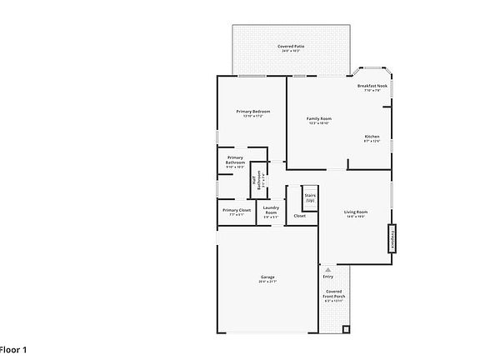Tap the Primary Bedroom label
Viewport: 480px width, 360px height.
[x=253, y=111]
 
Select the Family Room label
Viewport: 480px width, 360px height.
[x=319, y=119]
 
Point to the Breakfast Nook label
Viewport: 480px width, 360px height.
[x=372, y=86]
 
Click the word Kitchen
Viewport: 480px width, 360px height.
[x=372, y=136]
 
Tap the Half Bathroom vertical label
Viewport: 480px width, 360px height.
[x=259, y=179]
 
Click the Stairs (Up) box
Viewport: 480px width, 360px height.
[x=310, y=197]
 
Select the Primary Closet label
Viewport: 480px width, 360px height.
[x=236, y=210]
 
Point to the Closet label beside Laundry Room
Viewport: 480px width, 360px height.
[x=299, y=216]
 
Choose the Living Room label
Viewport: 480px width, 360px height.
[x=356, y=212]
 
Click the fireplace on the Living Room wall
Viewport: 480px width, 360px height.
[x=389, y=238]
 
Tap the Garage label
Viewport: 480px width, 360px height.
[x=267, y=277]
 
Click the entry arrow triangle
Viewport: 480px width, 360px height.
[x=327, y=270]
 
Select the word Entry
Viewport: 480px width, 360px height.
[x=327, y=277]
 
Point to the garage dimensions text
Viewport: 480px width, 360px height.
[x=267, y=282]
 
